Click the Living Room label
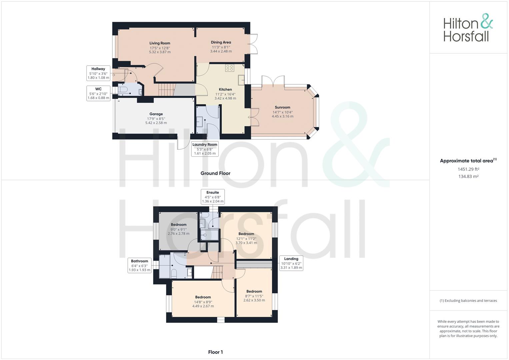coord(160,43)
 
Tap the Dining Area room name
coord(221,42)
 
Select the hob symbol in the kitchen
coord(230,68)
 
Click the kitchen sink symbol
coord(241,79)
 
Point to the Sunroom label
coord(282,107)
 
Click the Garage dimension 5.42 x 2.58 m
coord(156,123)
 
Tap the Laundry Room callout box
coord(205,149)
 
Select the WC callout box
coord(98,93)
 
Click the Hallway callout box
coord(98,73)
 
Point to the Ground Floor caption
coord(215,173)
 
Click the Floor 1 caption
coord(215,352)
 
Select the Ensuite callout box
coord(213,197)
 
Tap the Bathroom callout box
coord(139,265)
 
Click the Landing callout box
coord(291,263)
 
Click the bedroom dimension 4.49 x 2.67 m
coord(203,306)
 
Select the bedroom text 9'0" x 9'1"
coord(179,229)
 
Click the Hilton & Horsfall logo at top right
coord(468,28)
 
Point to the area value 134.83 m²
coord(468,177)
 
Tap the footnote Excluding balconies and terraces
coord(468,301)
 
